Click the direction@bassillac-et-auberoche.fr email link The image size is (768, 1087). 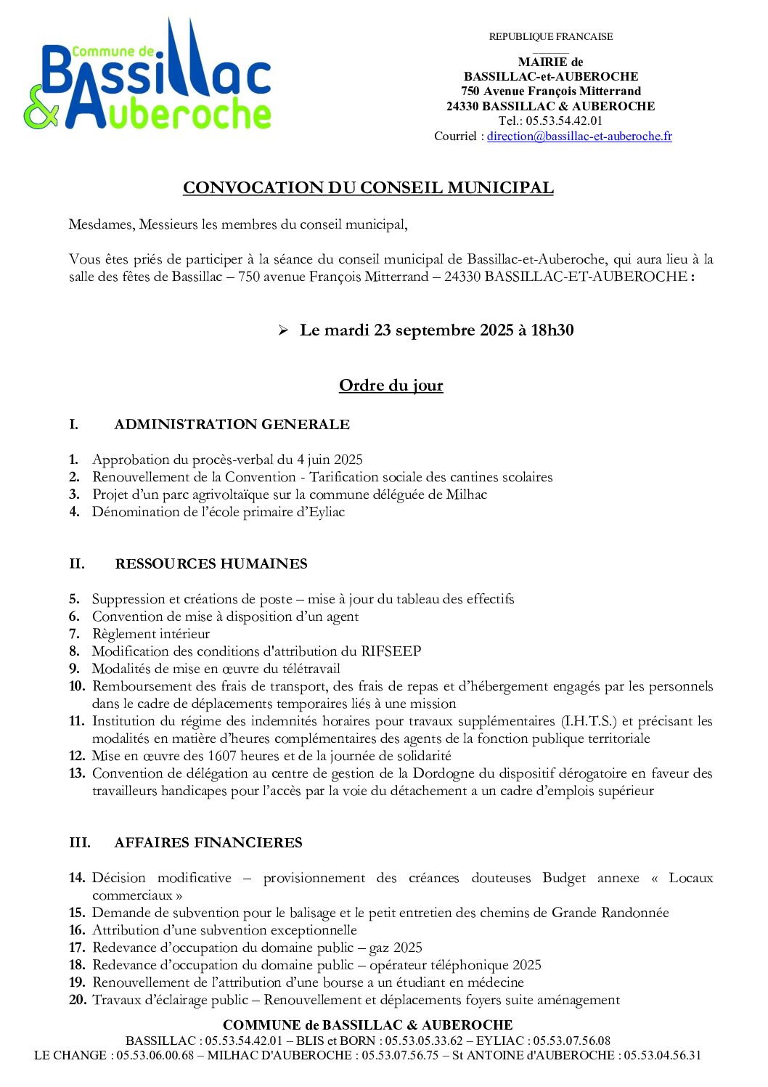point(579,137)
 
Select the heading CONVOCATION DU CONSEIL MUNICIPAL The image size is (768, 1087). point(368,188)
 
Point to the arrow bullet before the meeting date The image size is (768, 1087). point(283,331)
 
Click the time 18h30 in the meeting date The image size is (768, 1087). point(552,330)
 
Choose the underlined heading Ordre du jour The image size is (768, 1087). point(391,386)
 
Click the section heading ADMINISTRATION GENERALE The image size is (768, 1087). point(232,425)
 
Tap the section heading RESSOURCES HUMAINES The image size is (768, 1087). point(211,564)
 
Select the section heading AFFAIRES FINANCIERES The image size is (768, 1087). point(208,843)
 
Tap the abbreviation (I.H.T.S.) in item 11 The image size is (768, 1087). point(588,721)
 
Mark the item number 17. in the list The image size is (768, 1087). point(77,948)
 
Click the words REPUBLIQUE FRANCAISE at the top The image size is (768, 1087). point(550,37)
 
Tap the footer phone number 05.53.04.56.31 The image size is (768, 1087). point(663,1056)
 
